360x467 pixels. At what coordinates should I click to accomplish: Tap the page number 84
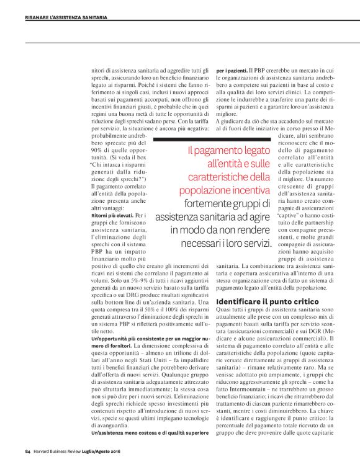click(28, 451)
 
